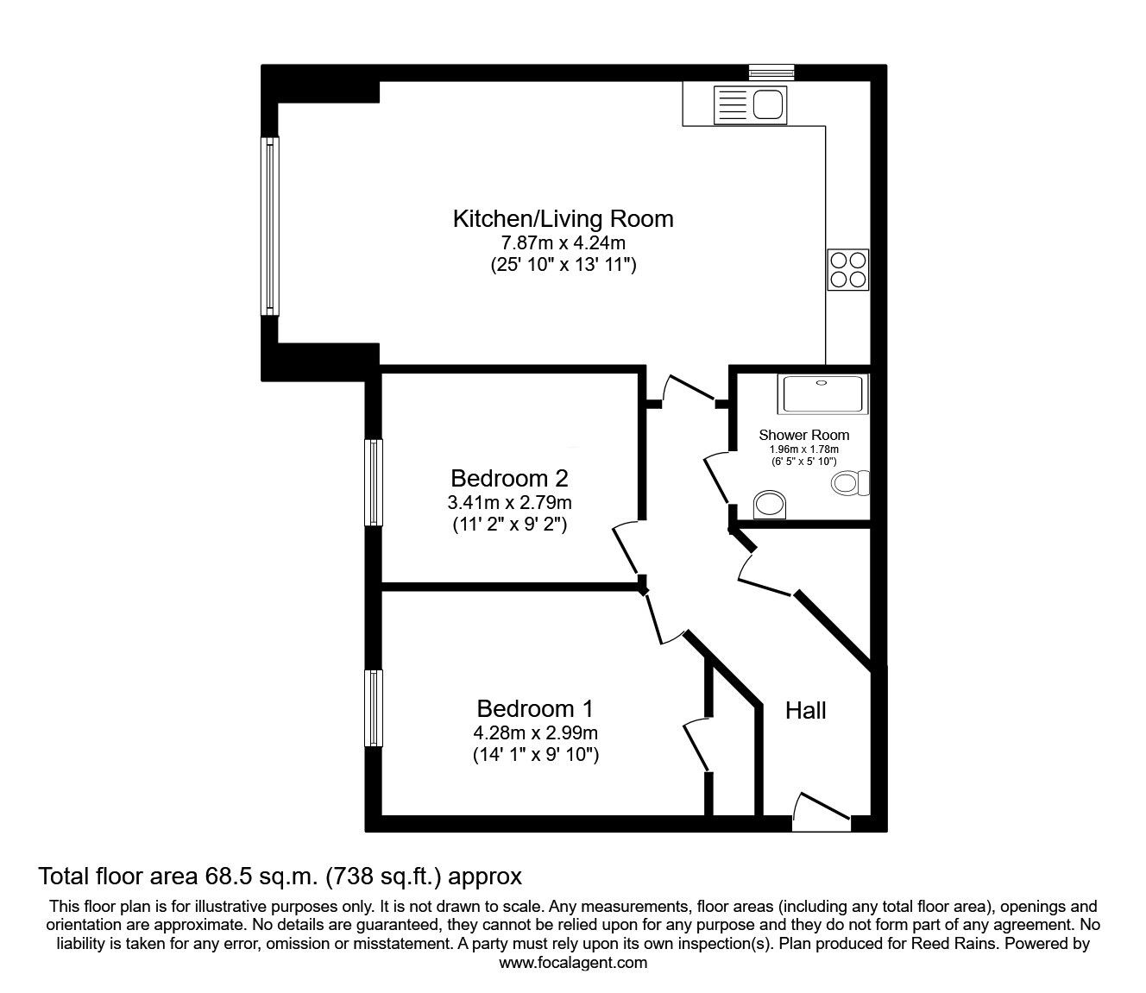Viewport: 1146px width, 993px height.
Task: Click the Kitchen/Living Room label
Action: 563,218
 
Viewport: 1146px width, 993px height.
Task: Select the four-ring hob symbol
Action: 847,269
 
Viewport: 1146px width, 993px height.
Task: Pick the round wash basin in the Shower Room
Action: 770,505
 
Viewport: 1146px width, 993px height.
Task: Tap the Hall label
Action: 806,710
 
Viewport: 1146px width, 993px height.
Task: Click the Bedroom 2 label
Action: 509,478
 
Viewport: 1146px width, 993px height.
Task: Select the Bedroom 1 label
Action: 535,708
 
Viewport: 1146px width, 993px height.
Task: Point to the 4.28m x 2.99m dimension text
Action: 535,733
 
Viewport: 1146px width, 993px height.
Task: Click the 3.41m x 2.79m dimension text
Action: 509,502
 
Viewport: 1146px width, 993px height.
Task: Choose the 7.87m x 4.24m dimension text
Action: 563,243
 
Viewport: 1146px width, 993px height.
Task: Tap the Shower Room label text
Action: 803,435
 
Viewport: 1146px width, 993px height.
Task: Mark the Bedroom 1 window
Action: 373,708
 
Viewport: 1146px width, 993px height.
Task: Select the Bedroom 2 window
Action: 373,482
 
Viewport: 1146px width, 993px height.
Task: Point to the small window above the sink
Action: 771,72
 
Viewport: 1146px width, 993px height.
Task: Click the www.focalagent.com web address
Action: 573,963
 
